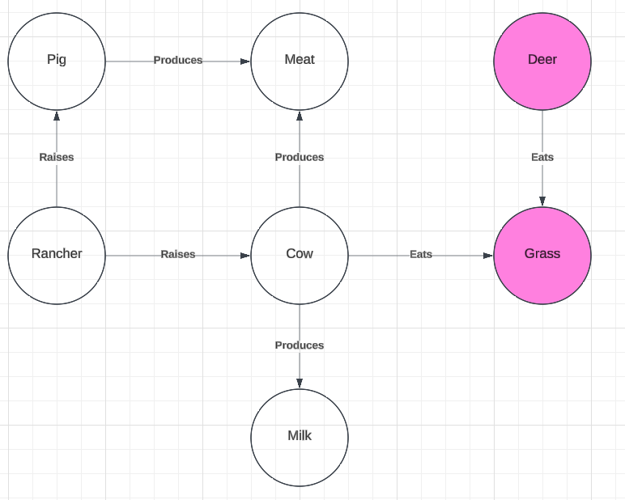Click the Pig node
57,61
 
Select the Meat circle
300,61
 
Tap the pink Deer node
542,61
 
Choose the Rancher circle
57,256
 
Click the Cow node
300,256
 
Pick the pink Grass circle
542,256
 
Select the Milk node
300,438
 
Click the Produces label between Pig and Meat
178,60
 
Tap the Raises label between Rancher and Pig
57,157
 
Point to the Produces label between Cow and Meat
300,157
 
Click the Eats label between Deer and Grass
542,157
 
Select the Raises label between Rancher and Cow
178,254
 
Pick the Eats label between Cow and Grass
421,254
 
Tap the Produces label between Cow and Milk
300,345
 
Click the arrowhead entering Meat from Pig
245,61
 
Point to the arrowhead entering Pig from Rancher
57,116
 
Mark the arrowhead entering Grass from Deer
542,201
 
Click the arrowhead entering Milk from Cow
300,383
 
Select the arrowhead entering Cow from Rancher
245,256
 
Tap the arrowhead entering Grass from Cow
488,256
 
